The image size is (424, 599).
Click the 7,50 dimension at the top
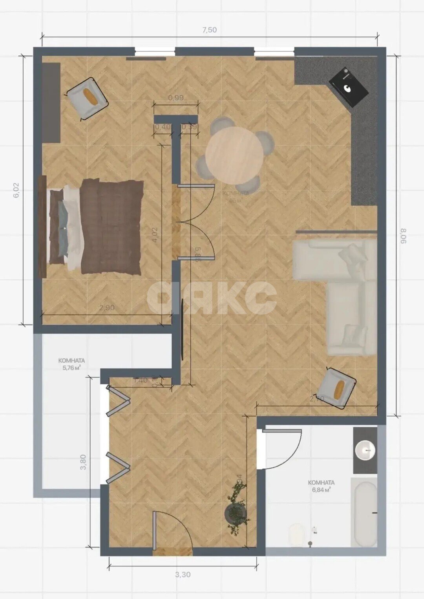coord(209,30)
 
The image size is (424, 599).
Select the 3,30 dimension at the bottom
coord(183,575)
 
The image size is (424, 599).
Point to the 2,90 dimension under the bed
coord(107,308)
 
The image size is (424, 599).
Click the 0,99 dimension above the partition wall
coord(175,98)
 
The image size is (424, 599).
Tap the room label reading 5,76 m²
coord(71,364)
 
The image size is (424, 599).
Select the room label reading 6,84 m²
coord(321,486)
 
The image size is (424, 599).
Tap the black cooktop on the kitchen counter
coord(348,87)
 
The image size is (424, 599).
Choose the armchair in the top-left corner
coord(87,98)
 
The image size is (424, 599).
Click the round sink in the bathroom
coord(365,450)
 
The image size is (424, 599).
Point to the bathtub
coord(364,513)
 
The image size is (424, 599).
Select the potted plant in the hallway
coord(237,508)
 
